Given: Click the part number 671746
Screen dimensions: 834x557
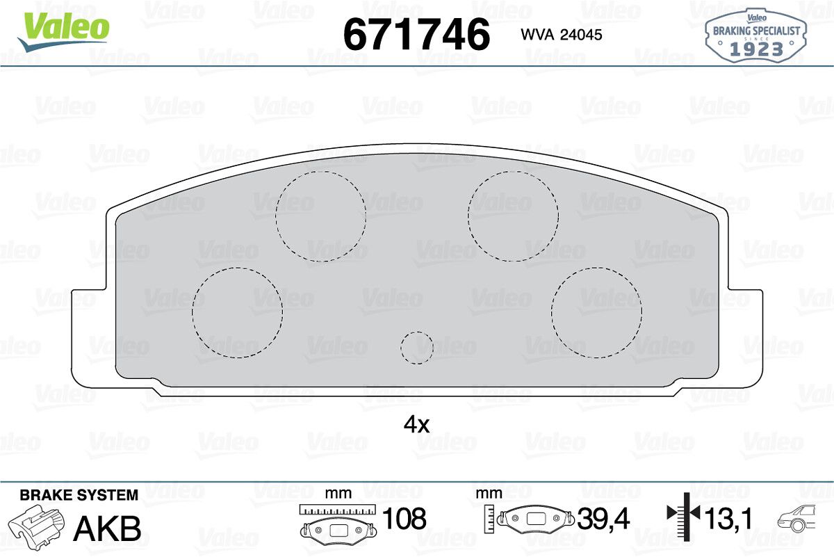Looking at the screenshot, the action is click(416, 34).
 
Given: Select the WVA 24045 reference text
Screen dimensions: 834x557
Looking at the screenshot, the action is click(562, 35).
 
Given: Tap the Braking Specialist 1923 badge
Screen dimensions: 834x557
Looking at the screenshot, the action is click(755, 35).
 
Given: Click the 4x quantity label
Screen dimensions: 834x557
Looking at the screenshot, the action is click(416, 425).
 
